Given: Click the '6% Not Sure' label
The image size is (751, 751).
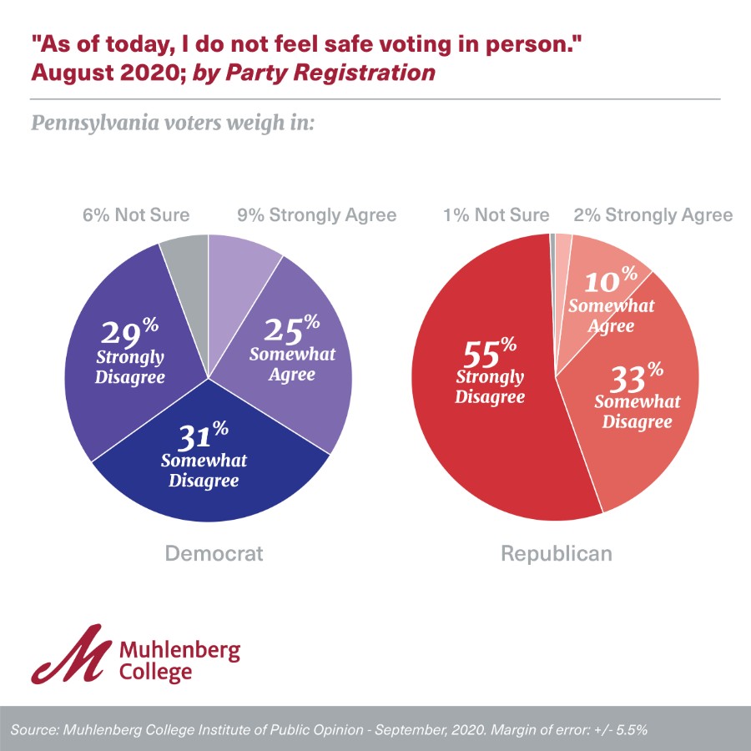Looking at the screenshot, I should coord(135,215).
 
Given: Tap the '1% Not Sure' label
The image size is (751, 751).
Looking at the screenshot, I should coord(496,215).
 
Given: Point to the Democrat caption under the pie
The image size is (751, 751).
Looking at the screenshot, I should coord(214,553).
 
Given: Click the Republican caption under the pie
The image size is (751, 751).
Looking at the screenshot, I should coord(556,553).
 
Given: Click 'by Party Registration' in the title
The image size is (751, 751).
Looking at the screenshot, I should coord(315,73).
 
